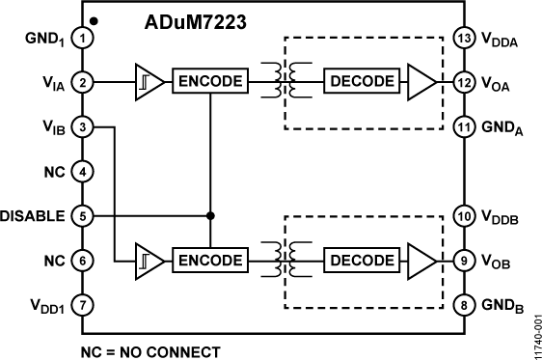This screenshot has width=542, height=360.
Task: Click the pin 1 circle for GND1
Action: coord(84,38)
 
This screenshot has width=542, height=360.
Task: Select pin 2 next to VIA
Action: coord(84,82)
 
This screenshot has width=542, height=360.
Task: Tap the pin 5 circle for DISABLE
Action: coord(84,215)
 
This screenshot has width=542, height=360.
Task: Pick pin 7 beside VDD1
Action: coord(84,304)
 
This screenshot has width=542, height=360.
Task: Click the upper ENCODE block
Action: coord(209,82)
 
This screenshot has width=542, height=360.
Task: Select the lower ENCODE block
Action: coord(209,260)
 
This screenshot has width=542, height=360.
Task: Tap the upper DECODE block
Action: coord(361,82)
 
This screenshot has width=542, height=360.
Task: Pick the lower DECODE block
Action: coord(361,260)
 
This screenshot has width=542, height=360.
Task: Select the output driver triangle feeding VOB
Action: coord(421,260)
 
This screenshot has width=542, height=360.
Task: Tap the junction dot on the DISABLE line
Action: coord(209,215)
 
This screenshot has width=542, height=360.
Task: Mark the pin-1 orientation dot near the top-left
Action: coord(93,19)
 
